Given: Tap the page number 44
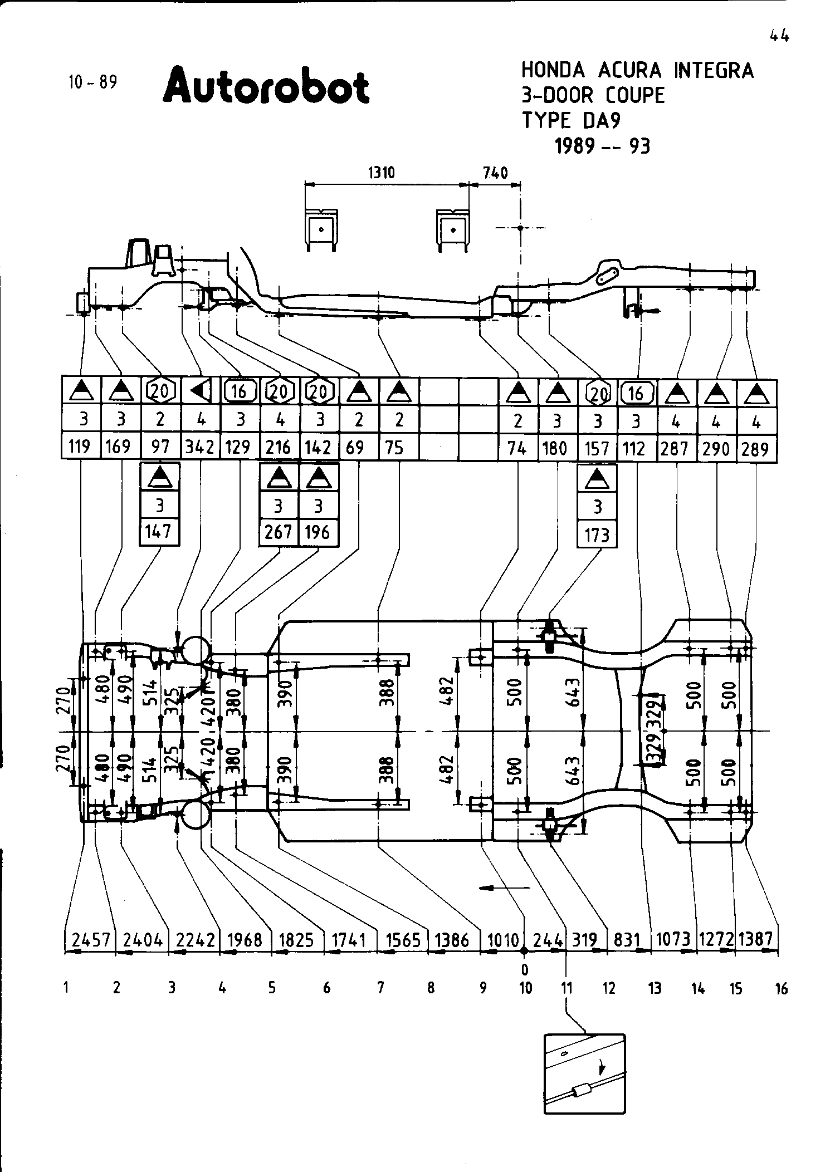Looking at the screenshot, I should (779, 36).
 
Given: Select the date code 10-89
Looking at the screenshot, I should (93, 82).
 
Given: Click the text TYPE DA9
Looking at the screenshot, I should (570, 120).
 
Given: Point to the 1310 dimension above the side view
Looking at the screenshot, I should (382, 173).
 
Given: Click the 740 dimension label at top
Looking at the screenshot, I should (495, 173).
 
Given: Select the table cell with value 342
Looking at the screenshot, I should (200, 447).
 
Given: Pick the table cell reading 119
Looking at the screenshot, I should (80, 447).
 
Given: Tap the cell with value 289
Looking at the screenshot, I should (755, 448).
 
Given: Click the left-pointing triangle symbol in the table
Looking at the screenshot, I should (201, 392).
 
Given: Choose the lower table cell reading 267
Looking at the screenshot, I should (279, 532).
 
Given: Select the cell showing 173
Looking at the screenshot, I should (597, 535).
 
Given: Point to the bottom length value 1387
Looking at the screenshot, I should (756, 939).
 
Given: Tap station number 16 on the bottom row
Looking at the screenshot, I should (782, 989).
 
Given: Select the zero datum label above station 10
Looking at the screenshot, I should (524, 970).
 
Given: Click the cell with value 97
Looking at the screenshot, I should (160, 447).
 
